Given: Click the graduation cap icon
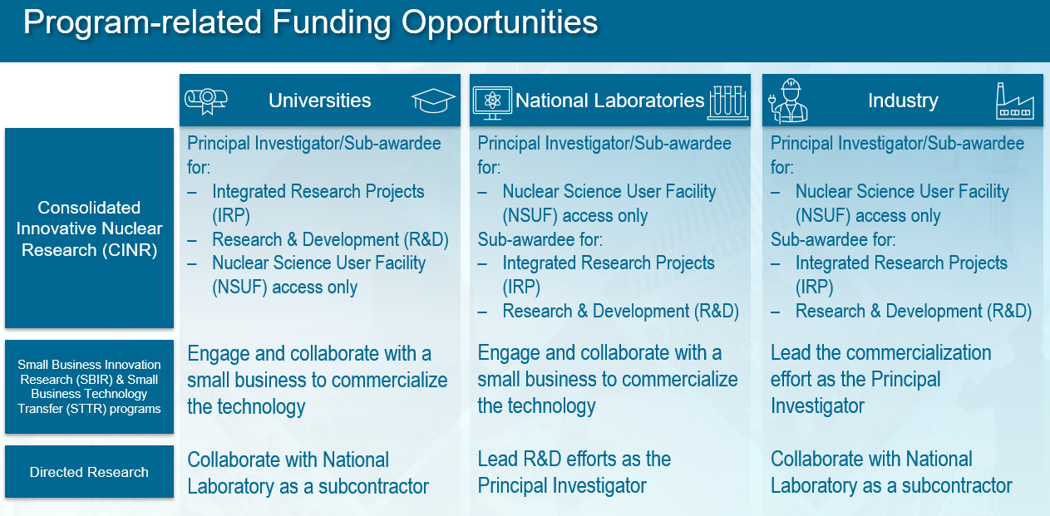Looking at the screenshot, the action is click(x=433, y=101).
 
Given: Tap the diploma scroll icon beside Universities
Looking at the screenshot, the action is click(x=206, y=101).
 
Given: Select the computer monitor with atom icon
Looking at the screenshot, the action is click(x=492, y=102).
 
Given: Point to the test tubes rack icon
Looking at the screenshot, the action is click(x=727, y=102).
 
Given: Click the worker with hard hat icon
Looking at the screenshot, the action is click(x=789, y=101).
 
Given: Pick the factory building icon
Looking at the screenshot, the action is click(x=1015, y=101).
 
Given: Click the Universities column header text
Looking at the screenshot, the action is click(x=320, y=101).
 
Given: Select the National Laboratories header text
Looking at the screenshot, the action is click(x=609, y=101).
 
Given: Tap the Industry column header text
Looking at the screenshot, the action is click(x=903, y=101).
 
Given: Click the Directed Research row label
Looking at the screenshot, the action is click(x=89, y=472).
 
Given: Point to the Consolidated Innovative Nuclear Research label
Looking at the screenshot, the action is click(x=89, y=229).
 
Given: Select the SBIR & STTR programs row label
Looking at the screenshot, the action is click(x=89, y=386).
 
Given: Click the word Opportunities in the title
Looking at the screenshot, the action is click(x=499, y=22).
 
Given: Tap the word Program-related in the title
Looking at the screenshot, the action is click(x=142, y=22).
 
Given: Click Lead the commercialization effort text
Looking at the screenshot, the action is click(x=880, y=379).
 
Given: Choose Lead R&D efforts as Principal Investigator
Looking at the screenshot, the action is click(x=574, y=472).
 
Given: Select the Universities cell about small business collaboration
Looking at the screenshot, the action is click(x=318, y=380).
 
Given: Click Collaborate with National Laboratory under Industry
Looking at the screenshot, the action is click(x=891, y=472).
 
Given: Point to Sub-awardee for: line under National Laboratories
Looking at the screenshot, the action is click(x=540, y=239).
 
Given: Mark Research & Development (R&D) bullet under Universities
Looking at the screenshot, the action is click(x=330, y=239).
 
